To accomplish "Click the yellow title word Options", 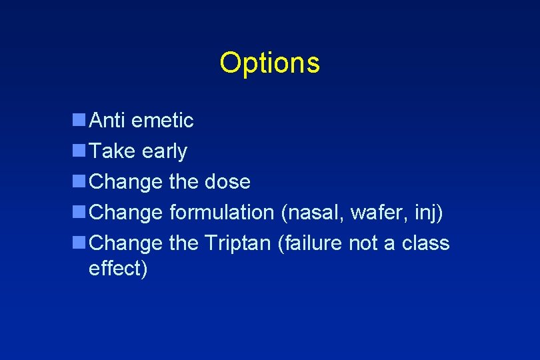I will (269, 63).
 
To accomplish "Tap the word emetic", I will (163, 121).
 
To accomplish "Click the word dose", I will (227, 181).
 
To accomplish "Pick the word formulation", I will (221, 212).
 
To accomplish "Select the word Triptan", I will (237, 243).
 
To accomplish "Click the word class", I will (425, 243).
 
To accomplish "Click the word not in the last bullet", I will (363, 243).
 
